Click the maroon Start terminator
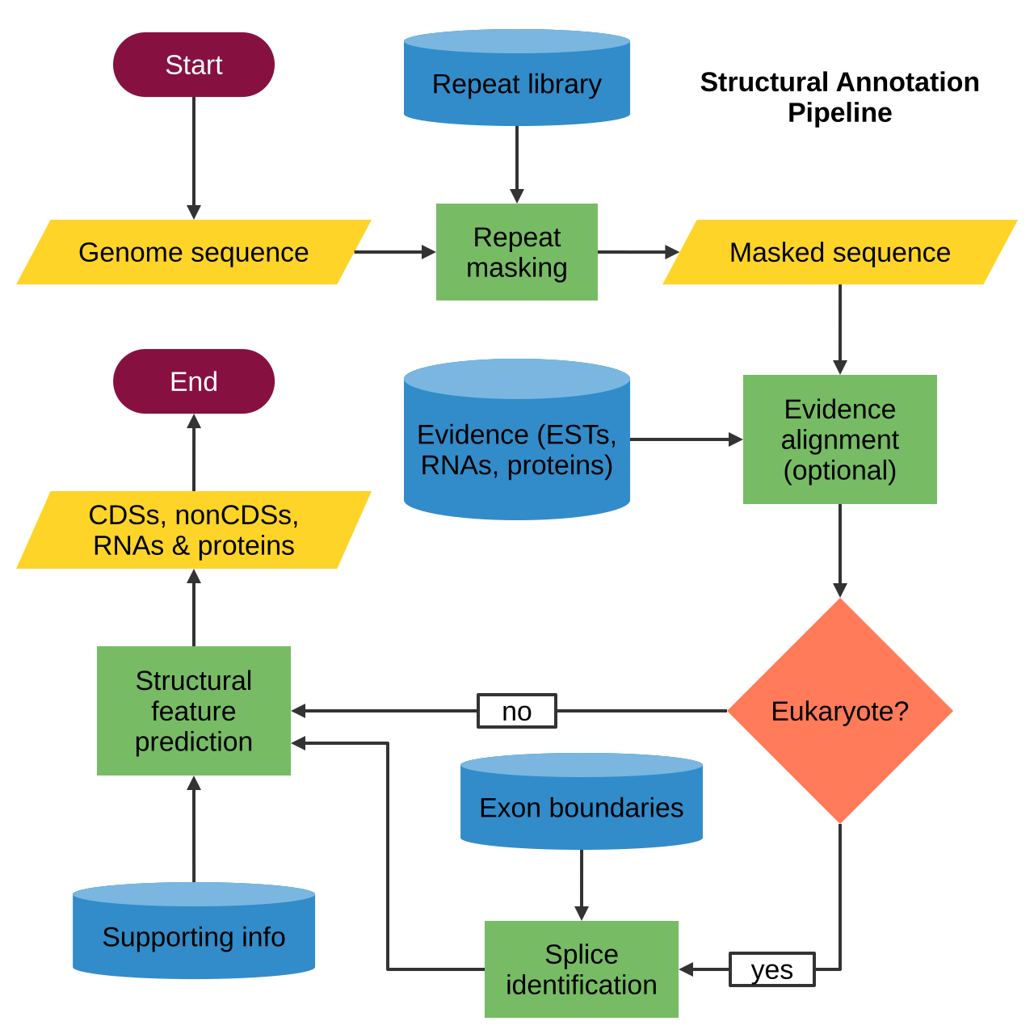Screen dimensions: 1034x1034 coord(193,65)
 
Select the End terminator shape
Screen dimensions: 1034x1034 coord(193,381)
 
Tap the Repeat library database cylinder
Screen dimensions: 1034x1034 coord(516,78)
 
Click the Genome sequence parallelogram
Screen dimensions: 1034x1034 coord(193,252)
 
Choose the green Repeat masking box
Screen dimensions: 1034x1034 coord(516,252)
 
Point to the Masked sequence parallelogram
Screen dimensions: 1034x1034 coord(840,252)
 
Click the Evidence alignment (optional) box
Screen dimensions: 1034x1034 coord(840,439)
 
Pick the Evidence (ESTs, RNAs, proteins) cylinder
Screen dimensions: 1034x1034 coord(516,439)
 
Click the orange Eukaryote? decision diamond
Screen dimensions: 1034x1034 coord(840,710)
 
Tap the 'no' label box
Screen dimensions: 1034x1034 coord(516,710)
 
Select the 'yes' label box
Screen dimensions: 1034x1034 coord(771,969)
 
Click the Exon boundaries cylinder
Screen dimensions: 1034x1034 coord(581,801)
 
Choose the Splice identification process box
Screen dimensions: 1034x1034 coord(581,969)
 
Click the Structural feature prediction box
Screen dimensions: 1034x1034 coord(193,710)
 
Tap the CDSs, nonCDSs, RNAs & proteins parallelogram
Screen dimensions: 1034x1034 coord(193,530)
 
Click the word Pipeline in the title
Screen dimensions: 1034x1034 coord(840,112)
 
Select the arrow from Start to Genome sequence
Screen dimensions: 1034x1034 coord(193,158)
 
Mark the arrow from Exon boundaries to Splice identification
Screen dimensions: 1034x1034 coord(581,885)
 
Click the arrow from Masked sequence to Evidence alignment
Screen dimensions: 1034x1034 coord(840,330)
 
